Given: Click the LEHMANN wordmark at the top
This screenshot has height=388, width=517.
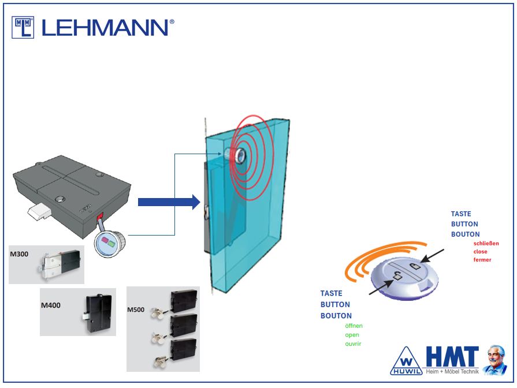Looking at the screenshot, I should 107,27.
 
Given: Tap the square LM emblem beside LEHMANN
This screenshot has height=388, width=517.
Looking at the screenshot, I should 23,27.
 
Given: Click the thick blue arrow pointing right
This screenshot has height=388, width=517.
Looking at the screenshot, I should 168,202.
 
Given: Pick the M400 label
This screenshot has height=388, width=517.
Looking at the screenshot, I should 51,305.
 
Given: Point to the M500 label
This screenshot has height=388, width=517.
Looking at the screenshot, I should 136,310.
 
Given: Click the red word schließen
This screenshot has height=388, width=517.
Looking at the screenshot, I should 486,243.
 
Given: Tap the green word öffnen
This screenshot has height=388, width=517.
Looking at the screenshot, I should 354,326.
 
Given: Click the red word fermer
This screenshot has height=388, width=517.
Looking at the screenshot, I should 482,260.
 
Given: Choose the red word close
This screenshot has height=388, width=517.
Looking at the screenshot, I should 480,252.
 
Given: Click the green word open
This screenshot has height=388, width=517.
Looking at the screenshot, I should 352,335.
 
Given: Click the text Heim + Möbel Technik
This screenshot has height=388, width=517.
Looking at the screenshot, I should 453,371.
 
